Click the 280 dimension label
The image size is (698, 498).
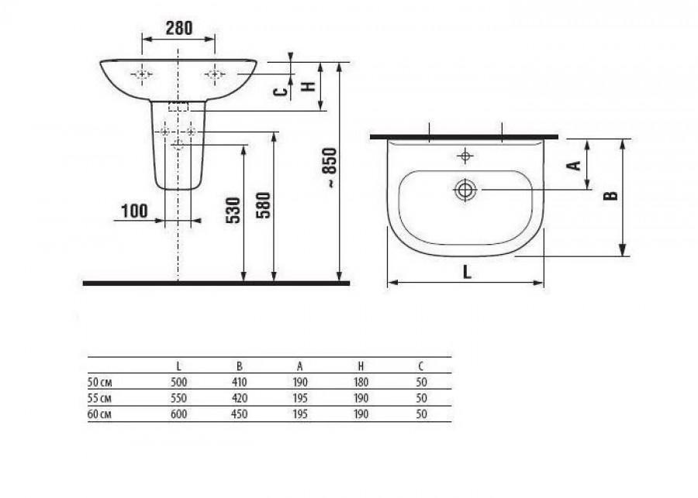179,28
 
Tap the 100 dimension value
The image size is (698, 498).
134,211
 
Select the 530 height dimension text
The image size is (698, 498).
233,210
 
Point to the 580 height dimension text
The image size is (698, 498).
264,205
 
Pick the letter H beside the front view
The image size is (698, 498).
308,86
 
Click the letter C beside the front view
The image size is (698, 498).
280,92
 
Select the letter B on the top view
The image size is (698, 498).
610,196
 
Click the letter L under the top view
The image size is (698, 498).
467,272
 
